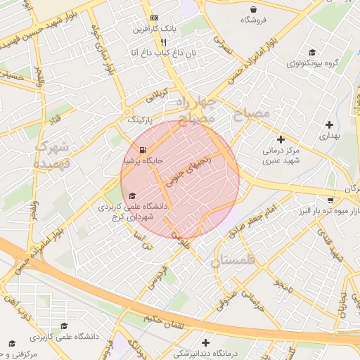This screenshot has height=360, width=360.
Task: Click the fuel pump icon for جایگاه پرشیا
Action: click(x=143, y=150)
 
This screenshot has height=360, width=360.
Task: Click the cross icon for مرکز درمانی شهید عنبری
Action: click(x=281, y=140)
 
